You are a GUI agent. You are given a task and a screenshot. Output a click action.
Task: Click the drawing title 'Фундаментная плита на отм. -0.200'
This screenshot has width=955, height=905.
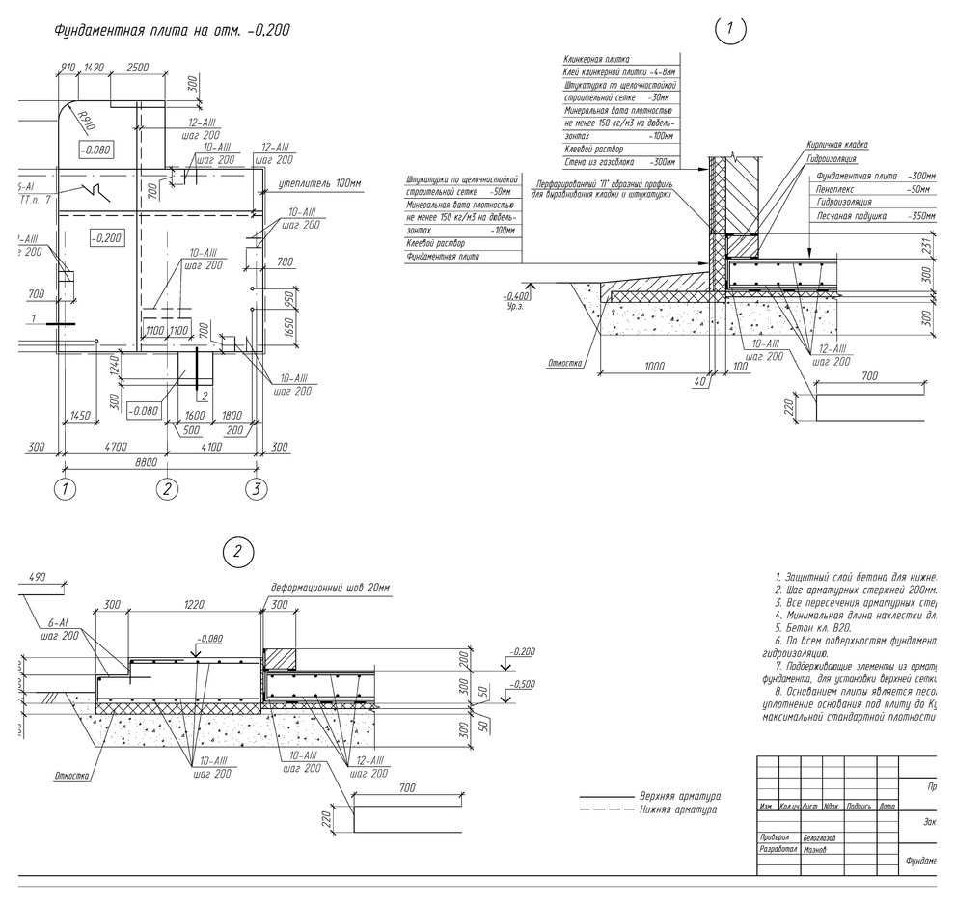click(173, 31)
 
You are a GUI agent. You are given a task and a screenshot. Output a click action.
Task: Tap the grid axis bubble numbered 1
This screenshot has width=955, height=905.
click(66, 489)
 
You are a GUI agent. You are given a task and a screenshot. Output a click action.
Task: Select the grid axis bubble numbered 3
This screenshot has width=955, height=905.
click(255, 489)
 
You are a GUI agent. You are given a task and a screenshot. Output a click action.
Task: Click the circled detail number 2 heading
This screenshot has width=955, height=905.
click(238, 552)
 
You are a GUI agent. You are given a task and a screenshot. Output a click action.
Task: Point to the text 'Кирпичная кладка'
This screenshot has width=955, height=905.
click(837, 145)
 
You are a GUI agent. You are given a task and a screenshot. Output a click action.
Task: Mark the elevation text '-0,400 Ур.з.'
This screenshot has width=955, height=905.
click(519, 299)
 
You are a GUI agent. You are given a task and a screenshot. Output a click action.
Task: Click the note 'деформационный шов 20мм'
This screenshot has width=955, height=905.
click(331, 589)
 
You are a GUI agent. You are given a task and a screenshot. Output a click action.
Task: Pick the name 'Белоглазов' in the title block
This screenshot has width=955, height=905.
click(823, 837)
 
